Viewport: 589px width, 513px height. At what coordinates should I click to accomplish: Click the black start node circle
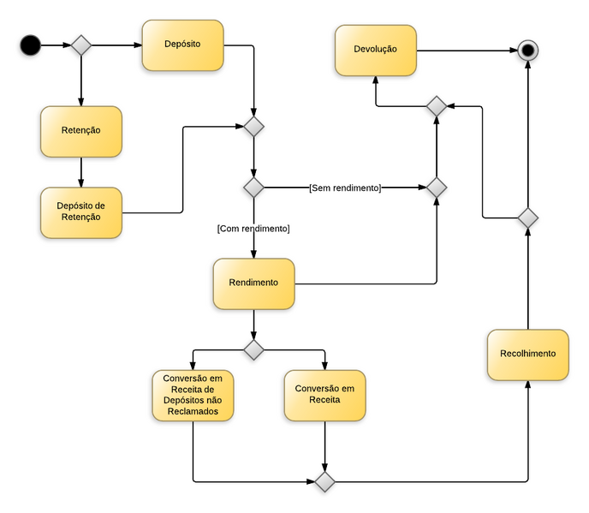point(31,45)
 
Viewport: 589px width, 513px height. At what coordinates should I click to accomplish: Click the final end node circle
point(528,51)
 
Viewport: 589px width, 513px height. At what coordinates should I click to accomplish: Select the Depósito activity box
point(182,45)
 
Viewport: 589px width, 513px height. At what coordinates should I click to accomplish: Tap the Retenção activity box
point(81,131)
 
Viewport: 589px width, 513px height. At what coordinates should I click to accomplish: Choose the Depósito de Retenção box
point(81,212)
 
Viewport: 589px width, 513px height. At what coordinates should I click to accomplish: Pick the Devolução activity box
point(375,50)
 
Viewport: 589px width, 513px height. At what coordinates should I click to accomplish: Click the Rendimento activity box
point(253,283)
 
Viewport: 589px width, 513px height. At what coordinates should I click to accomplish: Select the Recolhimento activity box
point(528,355)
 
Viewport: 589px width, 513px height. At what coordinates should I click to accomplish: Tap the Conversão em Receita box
point(324,395)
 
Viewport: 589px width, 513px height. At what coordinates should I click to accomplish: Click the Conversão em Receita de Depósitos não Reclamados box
point(193,395)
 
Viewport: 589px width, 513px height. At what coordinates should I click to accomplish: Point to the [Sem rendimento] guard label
point(345,187)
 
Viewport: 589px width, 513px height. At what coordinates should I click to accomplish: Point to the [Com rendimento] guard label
point(253,229)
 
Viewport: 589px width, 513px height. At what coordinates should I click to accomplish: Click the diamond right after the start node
point(80,45)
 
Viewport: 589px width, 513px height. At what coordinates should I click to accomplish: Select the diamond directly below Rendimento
point(253,349)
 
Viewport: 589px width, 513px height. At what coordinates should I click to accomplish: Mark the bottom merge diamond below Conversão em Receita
point(324,481)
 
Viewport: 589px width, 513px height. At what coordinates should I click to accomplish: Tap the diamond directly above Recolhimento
point(528,218)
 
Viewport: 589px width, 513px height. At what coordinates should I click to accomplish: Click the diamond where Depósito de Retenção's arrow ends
point(253,127)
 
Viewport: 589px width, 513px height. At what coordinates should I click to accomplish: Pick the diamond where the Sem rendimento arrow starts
point(253,187)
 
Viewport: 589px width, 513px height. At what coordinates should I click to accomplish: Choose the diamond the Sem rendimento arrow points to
point(437,187)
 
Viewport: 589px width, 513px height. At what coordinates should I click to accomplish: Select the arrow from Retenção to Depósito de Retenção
point(81,172)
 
